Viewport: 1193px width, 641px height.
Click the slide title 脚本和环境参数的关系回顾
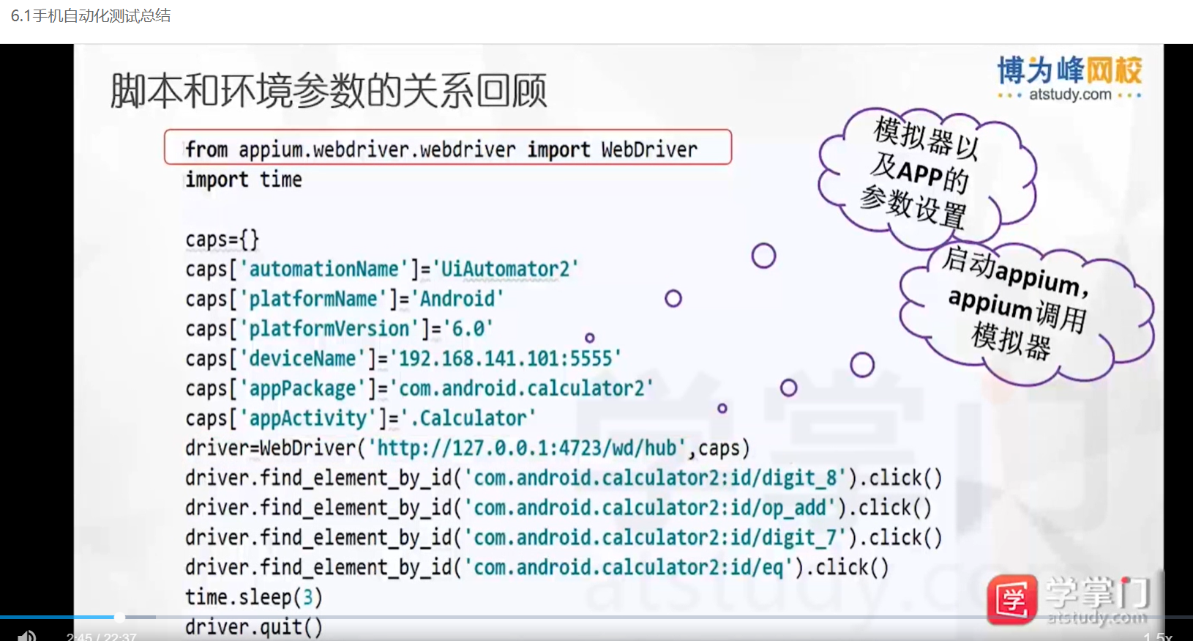328,91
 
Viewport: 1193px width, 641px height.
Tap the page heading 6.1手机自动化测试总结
91,15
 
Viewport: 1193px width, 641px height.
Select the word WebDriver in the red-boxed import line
649,149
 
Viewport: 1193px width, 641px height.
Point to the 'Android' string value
457,299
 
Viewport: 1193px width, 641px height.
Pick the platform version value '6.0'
468,329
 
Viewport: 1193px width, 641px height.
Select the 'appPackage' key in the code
302,388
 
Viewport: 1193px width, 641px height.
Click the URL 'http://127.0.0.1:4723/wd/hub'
527,448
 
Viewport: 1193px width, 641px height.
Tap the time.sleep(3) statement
253,597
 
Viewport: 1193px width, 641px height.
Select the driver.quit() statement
253,627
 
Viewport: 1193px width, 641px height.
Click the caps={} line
222,240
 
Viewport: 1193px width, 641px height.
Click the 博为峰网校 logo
1069,78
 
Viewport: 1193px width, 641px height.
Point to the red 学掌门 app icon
1011,599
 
